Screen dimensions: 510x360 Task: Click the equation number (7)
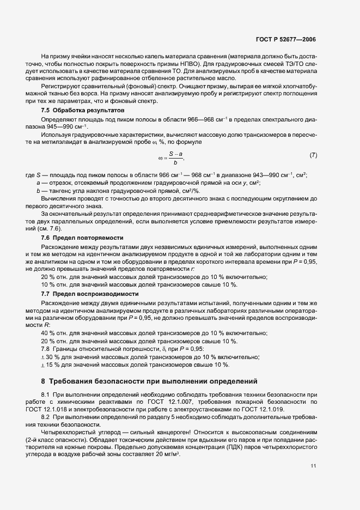pyautogui.click(x=313, y=155)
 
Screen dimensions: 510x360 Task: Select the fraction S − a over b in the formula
pyautogui.click(x=175, y=158)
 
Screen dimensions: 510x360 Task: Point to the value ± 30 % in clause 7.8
pyautogui.click(x=49, y=357)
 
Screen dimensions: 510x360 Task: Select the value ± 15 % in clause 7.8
pyautogui.click(x=49, y=365)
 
